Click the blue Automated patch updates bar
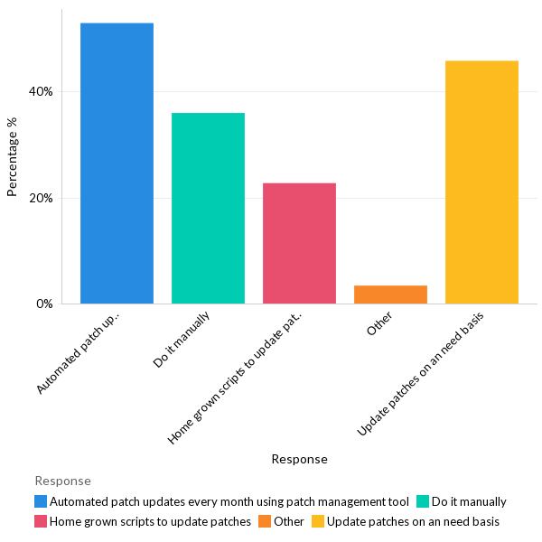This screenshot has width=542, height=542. coord(117,163)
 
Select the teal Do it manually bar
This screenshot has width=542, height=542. coord(208,208)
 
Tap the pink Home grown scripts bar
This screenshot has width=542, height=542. coord(299,243)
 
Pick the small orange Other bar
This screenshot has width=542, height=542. coord(390,294)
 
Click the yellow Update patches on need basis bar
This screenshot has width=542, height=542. coord(481,182)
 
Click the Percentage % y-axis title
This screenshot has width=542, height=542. coord(13,164)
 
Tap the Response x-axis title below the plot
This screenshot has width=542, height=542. coord(299,459)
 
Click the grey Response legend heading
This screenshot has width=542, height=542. coord(62,481)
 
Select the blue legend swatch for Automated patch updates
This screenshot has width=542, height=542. coord(41,501)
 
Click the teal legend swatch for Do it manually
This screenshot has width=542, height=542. coord(422,501)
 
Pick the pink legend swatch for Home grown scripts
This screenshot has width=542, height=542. coord(41,521)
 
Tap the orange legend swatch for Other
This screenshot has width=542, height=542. coord(264,521)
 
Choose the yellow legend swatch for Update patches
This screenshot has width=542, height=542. coord(318,521)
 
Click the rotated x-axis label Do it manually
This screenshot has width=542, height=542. coord(183,340)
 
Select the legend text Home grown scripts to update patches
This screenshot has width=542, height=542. coord(150,521)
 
